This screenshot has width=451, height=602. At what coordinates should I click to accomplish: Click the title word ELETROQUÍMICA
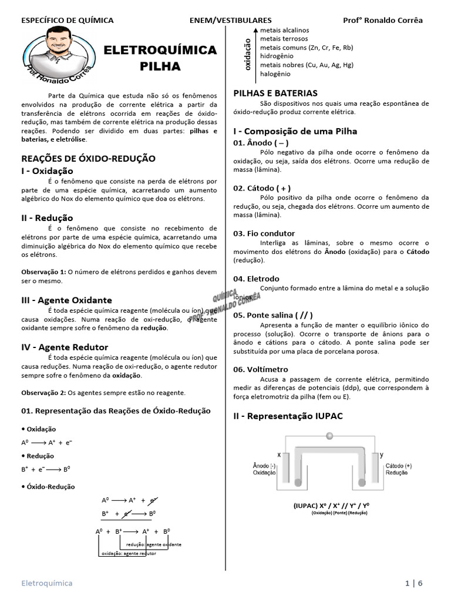[160, 51]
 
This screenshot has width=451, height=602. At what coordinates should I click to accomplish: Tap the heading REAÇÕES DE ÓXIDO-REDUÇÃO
[88, 158]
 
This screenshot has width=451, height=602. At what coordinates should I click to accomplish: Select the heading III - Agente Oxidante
[66, 300]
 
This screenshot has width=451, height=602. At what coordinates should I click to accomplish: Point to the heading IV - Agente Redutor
[65, 347]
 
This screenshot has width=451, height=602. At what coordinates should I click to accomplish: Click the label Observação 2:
[43, 392]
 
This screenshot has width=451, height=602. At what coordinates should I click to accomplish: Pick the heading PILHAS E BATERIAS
[275, 93]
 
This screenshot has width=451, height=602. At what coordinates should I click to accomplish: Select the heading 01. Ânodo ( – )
[261, 143]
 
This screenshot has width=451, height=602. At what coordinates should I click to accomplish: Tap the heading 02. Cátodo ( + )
[262, 188]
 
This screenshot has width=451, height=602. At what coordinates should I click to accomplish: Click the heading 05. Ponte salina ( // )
[272, 315]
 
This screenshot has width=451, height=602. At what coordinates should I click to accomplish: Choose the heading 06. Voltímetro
[261, 369]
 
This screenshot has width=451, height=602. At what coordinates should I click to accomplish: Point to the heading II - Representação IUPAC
[288, 416]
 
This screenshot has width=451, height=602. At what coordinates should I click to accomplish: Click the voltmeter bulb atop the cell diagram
[329, 436]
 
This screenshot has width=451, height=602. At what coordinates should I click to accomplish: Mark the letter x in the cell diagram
[278, 454]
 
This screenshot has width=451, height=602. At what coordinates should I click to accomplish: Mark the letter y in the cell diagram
[382, 454]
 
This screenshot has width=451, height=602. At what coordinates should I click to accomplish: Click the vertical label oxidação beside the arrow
[247, 55]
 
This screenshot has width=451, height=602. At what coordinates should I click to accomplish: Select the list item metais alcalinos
[284, 30]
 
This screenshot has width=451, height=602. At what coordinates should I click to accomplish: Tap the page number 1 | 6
[413, 583]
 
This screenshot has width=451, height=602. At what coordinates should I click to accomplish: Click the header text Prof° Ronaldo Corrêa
[382, 20]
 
